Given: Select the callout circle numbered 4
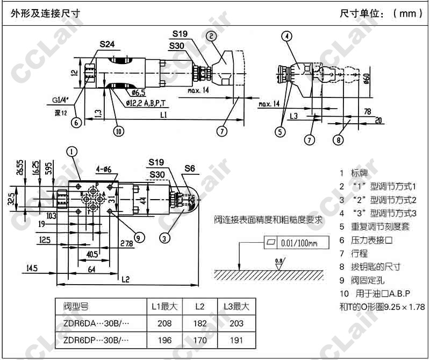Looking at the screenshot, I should point(288,37).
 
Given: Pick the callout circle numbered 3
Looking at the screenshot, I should point(166,235).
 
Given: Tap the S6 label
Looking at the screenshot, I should point(190,169).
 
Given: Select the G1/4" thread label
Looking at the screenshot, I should point(62,100).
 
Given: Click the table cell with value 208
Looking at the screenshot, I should point(165,323).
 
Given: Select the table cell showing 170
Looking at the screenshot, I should point(200,340).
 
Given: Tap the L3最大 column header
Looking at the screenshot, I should point(236,307).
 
